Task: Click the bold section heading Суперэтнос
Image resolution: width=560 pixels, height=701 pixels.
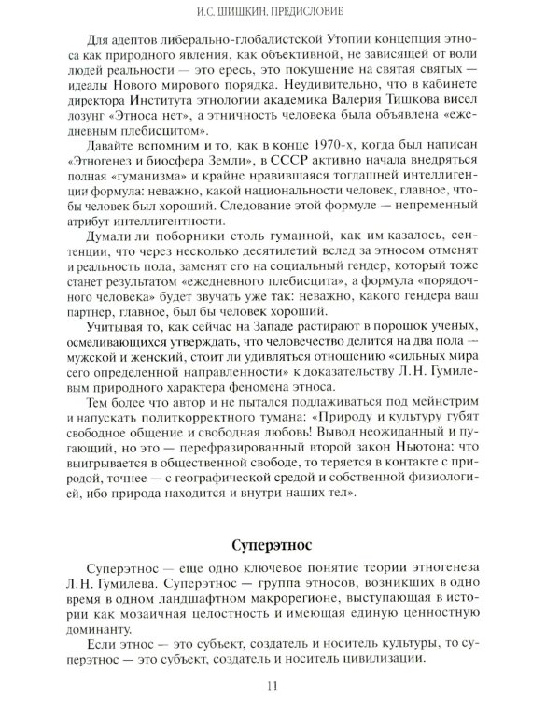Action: tap(279, 543)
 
